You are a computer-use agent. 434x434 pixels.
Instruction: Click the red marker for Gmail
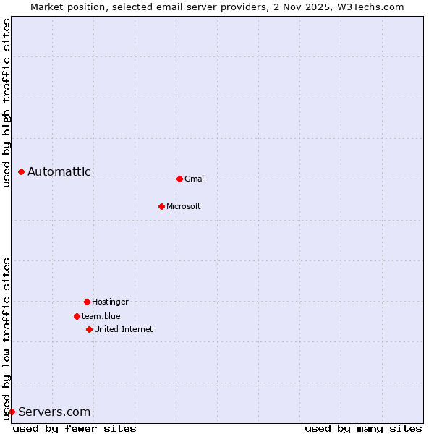[x=179, y=179]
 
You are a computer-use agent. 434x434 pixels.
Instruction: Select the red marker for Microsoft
[x=161, y=206]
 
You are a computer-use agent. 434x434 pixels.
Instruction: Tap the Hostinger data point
[x=87, y=302]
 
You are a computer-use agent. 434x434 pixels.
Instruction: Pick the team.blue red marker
[x=77, y=316]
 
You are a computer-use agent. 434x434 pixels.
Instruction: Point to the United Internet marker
[x=89, y=329]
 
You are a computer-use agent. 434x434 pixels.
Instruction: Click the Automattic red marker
[x=21, y=171]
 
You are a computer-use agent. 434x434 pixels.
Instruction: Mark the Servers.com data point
[x=12, y=412]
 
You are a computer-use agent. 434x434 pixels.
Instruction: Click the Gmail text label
[x=195, y=179]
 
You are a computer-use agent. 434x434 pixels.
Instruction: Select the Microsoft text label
[x=184, y=206]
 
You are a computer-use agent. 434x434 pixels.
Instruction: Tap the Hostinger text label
[x=110, y=302]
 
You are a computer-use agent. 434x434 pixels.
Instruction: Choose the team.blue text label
[x=101, y=316]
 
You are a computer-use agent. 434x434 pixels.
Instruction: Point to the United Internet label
[x=124, y=329]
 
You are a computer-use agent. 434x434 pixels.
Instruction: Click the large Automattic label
[x=59, y=171]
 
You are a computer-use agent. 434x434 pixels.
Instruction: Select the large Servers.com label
[x=54, y=412]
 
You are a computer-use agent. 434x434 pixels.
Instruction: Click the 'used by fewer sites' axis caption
[x=75, y=428]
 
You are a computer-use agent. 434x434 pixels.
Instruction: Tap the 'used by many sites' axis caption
[x=363, y=428]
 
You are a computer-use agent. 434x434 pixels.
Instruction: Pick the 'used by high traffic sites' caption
[x=7, y=103]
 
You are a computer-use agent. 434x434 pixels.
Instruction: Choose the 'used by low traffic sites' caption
[x=7, y=339]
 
